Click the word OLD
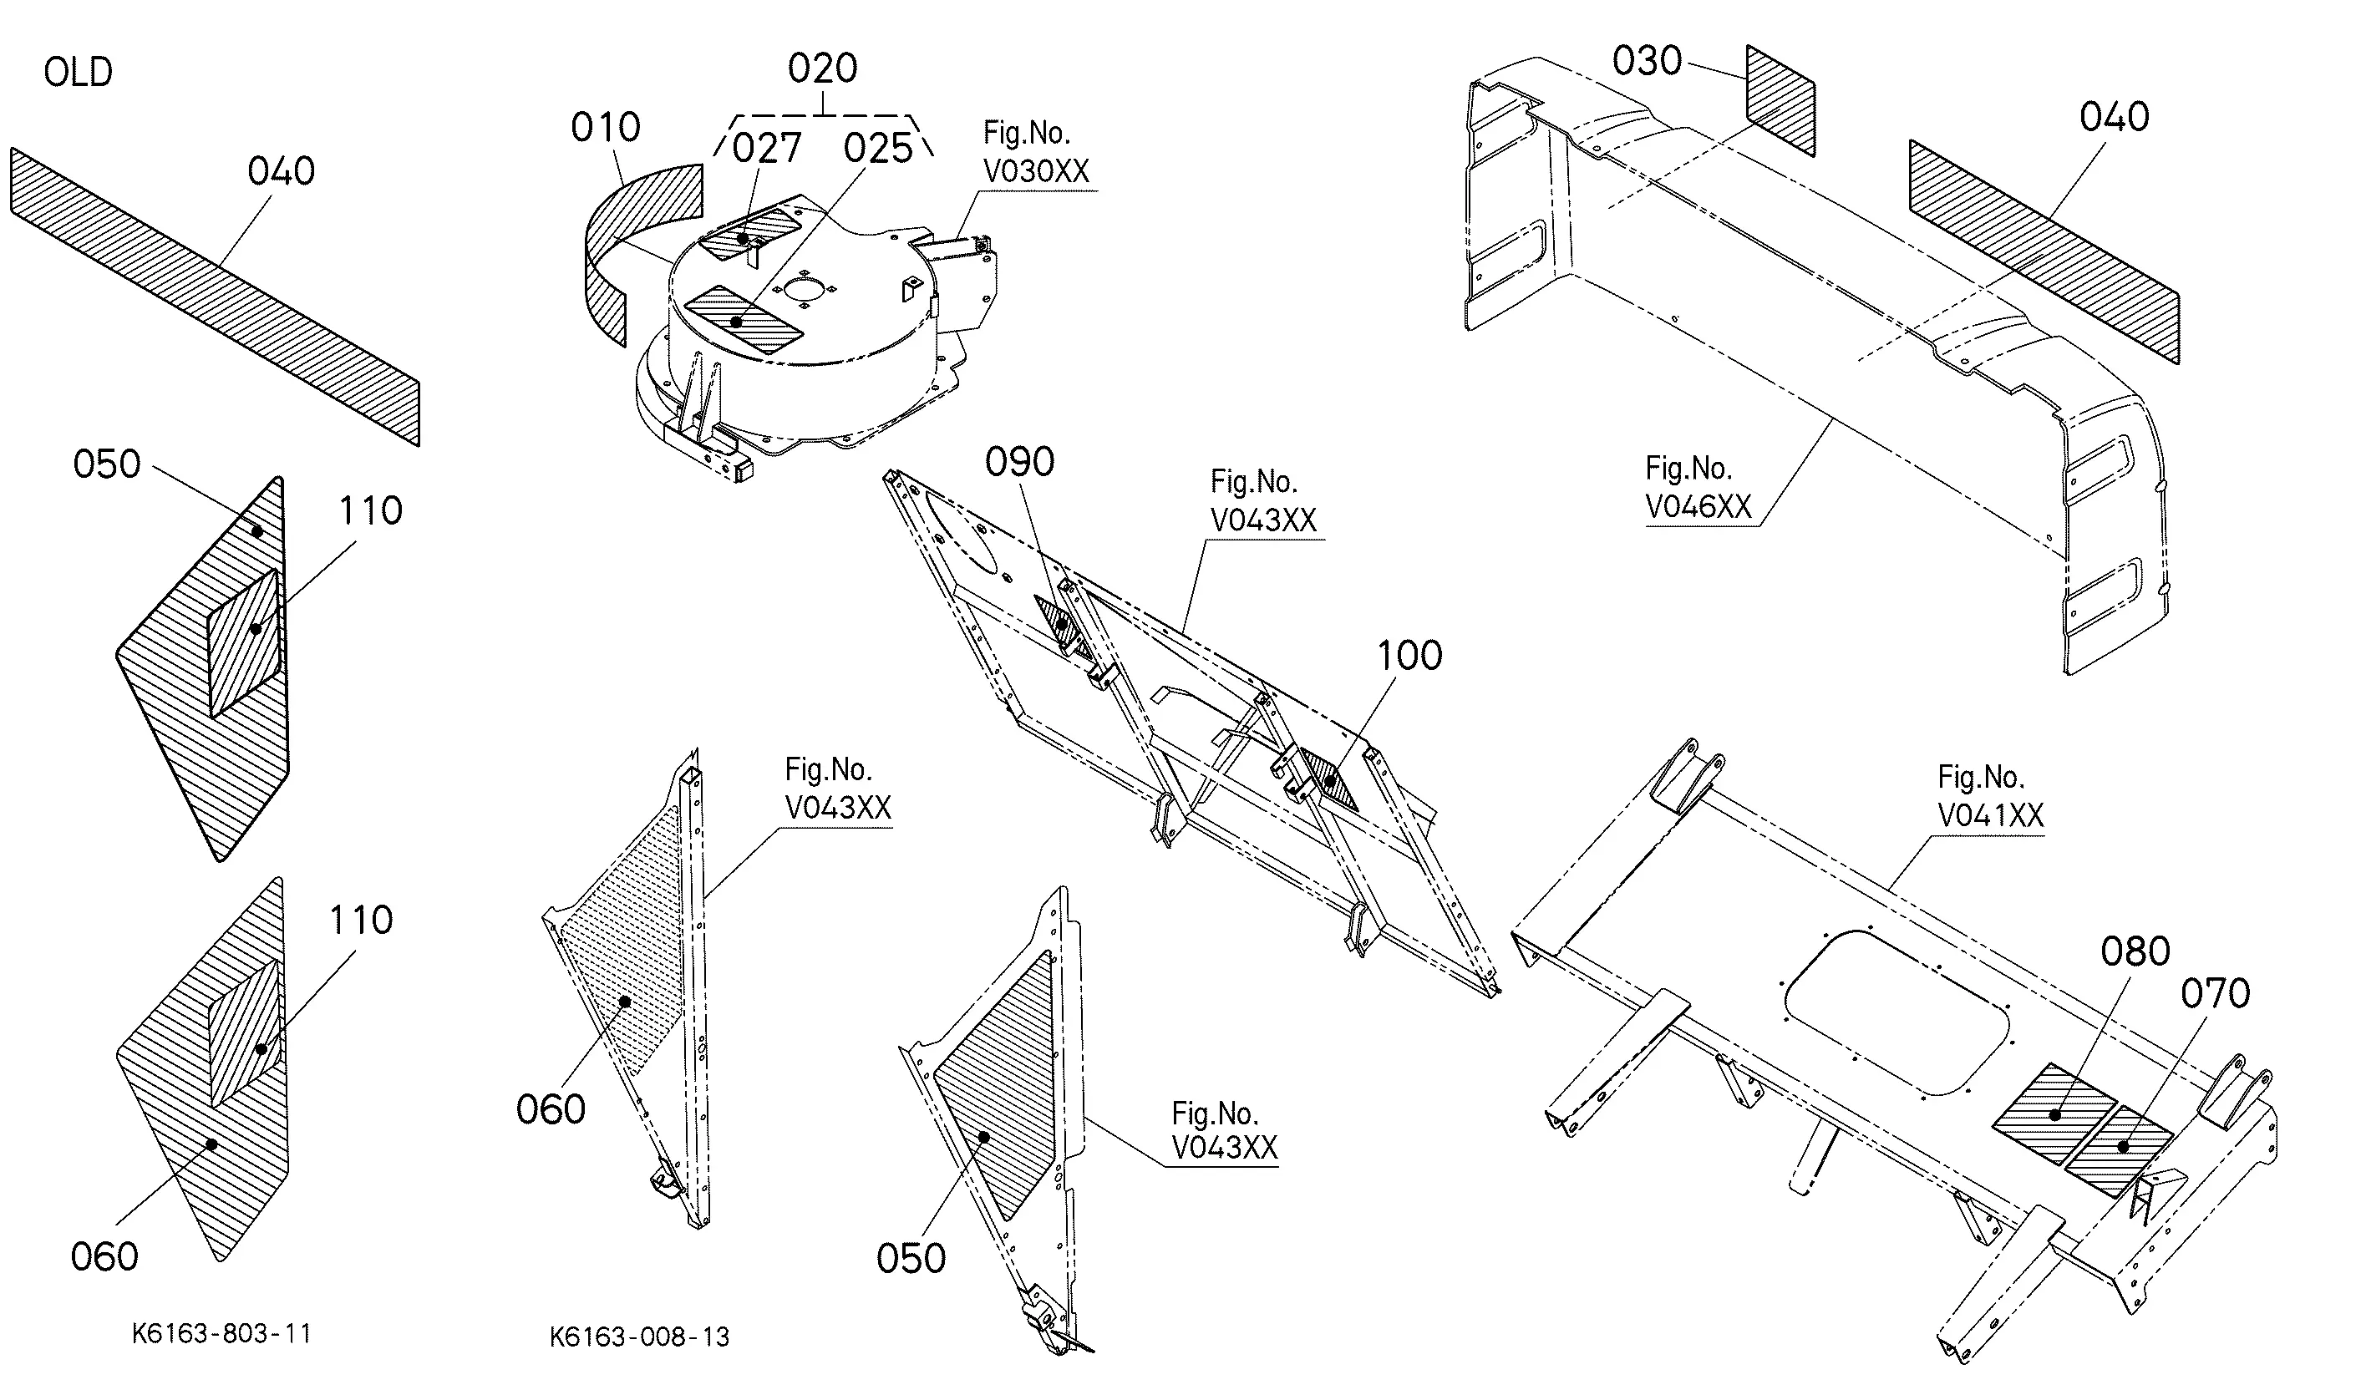[x=78, y=73]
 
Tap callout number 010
[x=606, y=127]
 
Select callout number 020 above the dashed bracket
[x=823, y=68]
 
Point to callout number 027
[x=767, y=148]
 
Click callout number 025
[x=878, y=148]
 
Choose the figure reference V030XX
[x=1036, y=171]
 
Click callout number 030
[x=1648, y=60]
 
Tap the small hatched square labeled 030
[x=1780, y=99]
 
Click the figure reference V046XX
[x=1698, y=507]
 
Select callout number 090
[x=1020, y=462]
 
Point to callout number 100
[x=1409, y=655]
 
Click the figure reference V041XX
[x=1991, y=814]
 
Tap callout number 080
[x=2136, y=951]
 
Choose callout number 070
[x=2215, y=992]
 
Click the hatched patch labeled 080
[x=2055, y=1114]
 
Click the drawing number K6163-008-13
[x=639, y=1337]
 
